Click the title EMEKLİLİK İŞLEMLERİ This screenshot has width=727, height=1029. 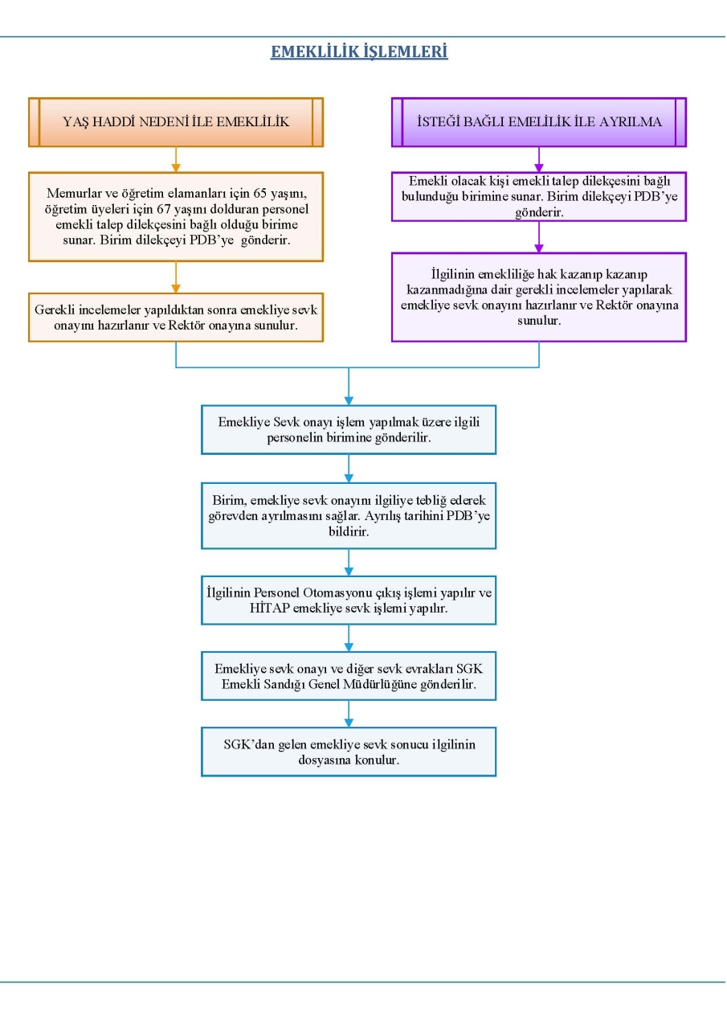tap(359, 51)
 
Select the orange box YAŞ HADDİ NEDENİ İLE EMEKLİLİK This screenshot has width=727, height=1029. tap(176, 122)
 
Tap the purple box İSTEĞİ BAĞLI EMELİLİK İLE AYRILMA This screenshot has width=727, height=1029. tap(539, 122)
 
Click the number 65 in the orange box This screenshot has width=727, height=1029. tap(259, 194)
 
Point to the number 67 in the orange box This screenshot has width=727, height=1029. tap(164, 209)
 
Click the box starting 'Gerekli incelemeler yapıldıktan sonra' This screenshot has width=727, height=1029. tap(176, 318)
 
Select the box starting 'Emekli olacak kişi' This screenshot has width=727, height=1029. tap(539, 197)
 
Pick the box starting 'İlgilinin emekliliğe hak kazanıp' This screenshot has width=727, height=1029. tap(539, 297)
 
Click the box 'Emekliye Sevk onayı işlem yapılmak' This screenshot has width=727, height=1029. tap(349, 430)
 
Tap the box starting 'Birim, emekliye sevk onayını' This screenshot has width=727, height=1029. tap(349, 516)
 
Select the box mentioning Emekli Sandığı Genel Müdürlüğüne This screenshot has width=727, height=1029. tap(349, 676)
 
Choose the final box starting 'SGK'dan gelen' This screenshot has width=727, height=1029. tap(349, 752)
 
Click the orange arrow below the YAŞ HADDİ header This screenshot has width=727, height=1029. tap(176, 159)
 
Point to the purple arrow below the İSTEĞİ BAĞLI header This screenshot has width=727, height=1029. tap(539, 159)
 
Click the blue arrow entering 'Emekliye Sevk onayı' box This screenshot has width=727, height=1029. tap(349, 387)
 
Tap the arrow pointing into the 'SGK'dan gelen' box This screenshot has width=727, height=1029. tap(349, 714)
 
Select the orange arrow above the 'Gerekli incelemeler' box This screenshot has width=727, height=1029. tap(176, 277)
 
